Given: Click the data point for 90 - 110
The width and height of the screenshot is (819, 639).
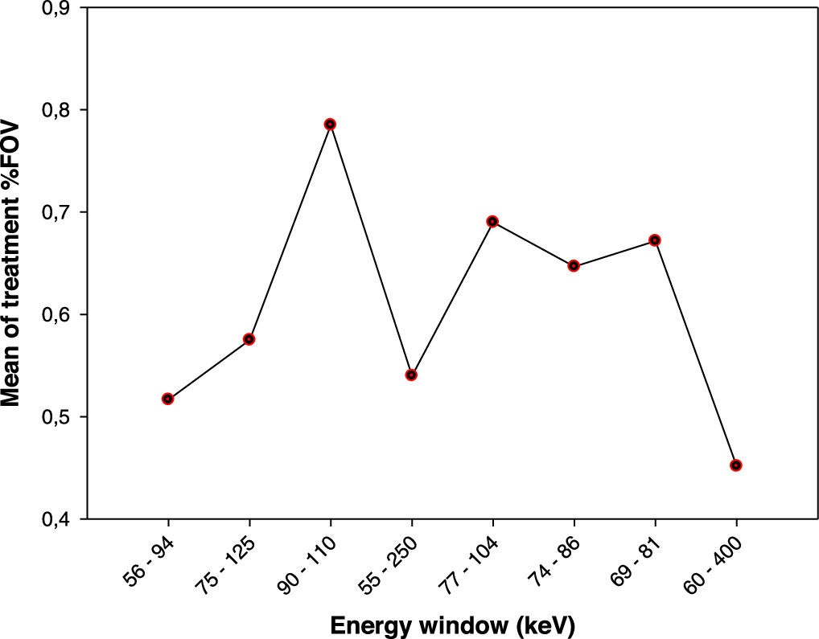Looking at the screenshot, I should [330, 124].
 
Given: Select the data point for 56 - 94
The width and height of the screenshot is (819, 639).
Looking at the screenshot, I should [167, 399].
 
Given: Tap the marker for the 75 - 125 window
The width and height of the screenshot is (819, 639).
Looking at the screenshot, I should [249, 339].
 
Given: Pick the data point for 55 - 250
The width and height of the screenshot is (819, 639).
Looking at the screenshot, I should [411, 375].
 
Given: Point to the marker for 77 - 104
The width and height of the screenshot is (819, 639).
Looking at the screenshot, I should [492, 221].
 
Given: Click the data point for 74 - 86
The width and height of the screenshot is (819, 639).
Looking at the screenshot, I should [574, 265].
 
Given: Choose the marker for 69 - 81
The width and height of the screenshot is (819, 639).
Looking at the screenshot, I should [655, 240].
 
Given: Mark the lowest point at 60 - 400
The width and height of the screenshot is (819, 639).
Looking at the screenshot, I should [736, 465].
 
